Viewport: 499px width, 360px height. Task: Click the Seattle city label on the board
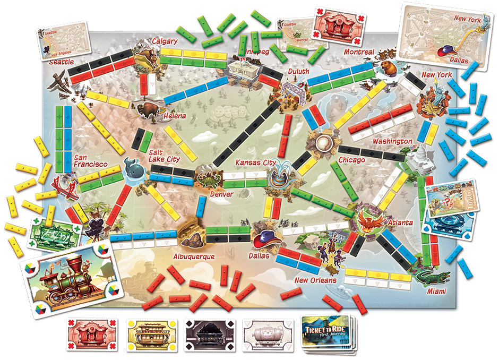click(x=62, y=62)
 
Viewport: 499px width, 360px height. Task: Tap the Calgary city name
click(x=165, y=41)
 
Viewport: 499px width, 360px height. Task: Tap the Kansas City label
click(x=257, y=161)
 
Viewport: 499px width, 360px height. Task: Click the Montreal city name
click(x=359, y=52)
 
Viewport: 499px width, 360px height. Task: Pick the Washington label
click(x=392, y=141)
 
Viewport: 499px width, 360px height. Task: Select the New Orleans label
click(x=315, y=280)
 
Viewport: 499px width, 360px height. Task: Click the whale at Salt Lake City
click(x=132, y=169)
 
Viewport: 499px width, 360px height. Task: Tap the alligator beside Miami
click(x=432, y=277)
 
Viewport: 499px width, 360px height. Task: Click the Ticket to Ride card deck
click(x=328, y=332)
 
